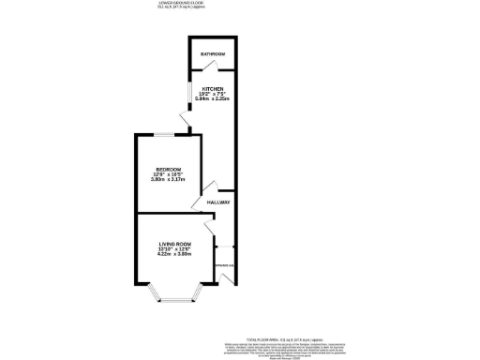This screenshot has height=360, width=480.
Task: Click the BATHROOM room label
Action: click(213, 54)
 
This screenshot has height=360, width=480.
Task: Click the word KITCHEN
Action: click(213, 87)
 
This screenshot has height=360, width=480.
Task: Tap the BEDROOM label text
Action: click(168, 169)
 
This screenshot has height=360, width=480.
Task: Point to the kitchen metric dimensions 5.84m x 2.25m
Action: click(213, 98)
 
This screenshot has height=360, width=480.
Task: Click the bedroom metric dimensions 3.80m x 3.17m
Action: click(168, 180)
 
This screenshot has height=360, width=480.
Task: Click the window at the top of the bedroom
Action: click(186, 135)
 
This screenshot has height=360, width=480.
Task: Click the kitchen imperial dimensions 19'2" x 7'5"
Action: click(213, 93)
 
